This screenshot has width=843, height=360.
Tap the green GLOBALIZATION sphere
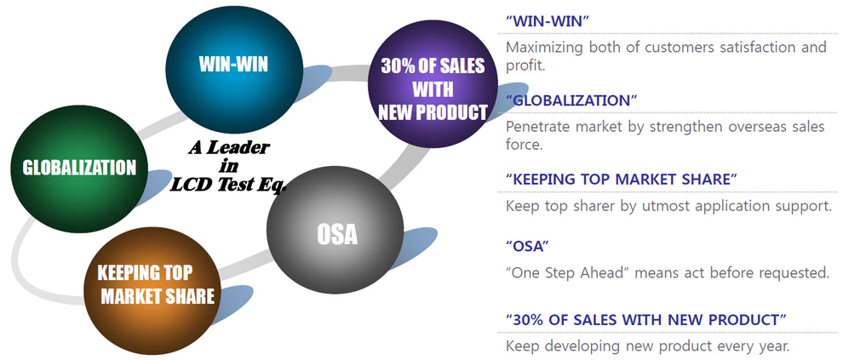coord(79,169)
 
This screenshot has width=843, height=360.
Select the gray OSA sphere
coord(335,230)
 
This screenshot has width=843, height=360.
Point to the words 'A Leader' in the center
coord(228,148)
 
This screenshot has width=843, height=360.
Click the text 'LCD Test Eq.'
coord(228,185)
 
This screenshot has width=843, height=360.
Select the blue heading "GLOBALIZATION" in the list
coord(571,100)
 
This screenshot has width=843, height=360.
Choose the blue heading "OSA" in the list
coord(527,247)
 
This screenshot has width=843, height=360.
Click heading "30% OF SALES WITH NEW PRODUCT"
coord(646,320)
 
